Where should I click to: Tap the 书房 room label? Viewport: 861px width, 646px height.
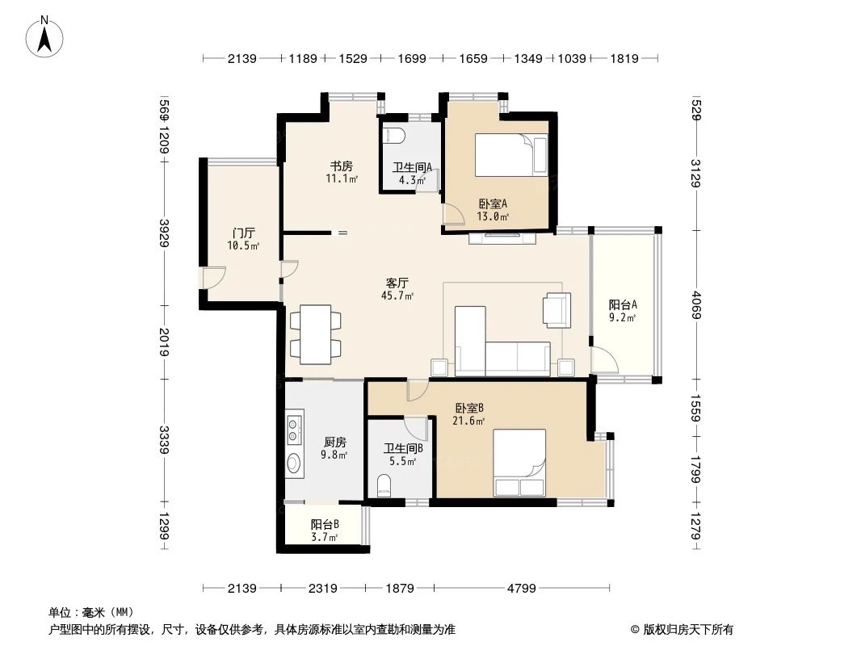point(336,166)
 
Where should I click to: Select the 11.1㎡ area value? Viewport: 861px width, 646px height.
point(342,179)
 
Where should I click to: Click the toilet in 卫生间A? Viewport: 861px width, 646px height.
point(396,135)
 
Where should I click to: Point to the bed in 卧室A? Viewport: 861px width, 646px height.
point(510,154)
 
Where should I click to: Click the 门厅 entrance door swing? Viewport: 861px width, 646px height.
point(213,278)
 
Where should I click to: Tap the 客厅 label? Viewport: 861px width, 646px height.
point(397,283)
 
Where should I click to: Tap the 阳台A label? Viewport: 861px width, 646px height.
point(623,304)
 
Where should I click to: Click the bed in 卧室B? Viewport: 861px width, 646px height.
point(519,463)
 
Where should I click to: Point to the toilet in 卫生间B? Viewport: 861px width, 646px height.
point(384,486)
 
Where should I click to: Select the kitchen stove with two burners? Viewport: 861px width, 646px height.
point(294,429)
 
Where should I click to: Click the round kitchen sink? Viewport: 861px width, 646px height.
point(294,465)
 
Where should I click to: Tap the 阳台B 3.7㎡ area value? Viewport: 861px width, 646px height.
point(325,537)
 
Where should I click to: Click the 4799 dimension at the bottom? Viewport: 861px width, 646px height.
point(522,589)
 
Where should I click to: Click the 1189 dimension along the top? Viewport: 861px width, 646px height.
point(304,58)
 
